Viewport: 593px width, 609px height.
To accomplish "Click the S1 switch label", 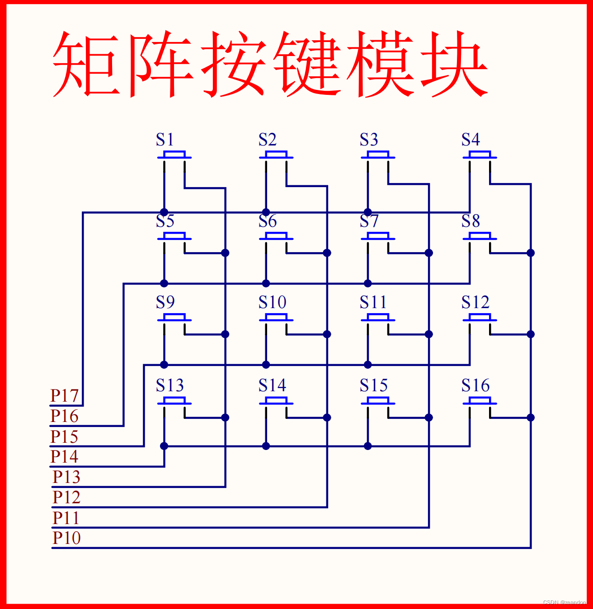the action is click(165, 140).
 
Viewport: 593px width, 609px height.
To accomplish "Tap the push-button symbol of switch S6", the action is click(276, 236).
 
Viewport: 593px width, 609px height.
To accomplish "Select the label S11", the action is click(373, 302).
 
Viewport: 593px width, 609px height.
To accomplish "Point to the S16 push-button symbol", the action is click(480, 401).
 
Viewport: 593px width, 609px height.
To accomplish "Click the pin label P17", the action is click(65, 396).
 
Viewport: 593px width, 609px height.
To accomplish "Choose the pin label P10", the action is click(66, 538).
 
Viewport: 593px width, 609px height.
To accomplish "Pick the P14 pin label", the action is click(65, 457).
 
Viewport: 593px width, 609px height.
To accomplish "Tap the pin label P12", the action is click(66, 497).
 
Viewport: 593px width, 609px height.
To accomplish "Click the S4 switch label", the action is click(471, 140).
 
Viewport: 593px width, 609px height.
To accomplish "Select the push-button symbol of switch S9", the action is click(174, 318).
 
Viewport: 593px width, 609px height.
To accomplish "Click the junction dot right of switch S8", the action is click(531, 253).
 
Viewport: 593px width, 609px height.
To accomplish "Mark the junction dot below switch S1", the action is click(164, 212).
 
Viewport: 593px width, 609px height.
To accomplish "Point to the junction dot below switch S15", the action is click(368, 446).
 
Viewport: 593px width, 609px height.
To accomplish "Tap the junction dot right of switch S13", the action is click(225, 417).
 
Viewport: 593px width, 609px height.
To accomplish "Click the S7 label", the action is click(369, 221).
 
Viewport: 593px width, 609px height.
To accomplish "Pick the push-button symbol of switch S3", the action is click(378, 155).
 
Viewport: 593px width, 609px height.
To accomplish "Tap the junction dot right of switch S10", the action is click(327, 334).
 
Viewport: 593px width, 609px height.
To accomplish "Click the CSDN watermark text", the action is click(565, 603).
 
